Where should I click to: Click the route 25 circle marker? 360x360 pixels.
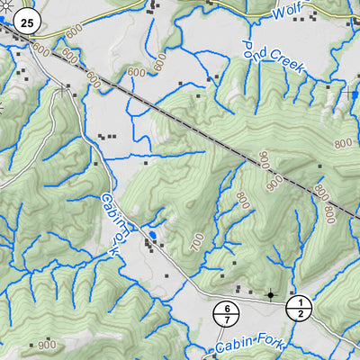[29, 22]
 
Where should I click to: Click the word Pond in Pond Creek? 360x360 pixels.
[255, 52]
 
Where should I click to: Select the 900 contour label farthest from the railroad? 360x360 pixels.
[47, 345]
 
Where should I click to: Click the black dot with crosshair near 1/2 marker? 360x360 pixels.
[270, 294]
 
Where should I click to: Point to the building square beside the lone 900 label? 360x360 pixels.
[32, 345]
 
